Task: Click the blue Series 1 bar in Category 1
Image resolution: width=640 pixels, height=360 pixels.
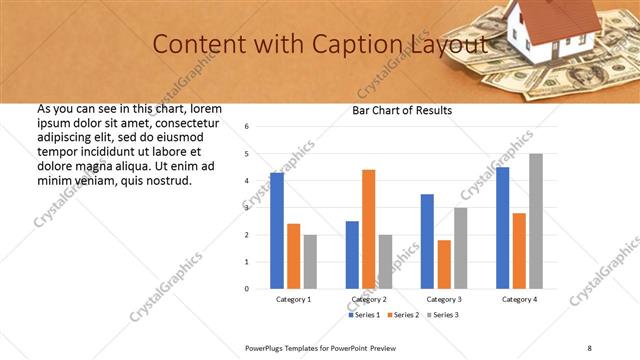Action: coord(277,231)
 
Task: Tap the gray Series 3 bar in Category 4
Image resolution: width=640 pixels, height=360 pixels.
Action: coord(536,221)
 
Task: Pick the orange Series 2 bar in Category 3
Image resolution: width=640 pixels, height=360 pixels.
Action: coord(444,264)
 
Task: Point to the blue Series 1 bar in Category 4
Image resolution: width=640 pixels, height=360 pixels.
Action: coord(502,228)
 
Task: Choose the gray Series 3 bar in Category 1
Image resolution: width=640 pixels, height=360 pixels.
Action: coord(310,262)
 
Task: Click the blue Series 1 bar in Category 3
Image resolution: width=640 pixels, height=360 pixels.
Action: coord(427,241)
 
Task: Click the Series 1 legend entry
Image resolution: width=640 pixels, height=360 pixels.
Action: coord(364,315)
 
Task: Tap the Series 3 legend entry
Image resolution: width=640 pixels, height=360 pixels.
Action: coord(443,315)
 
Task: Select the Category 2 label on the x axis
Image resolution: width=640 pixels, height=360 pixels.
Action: coord(369,299)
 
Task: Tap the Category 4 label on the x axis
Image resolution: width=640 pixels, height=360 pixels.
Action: coord(519,299)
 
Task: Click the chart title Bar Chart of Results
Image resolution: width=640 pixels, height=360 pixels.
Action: coord(402,110)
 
